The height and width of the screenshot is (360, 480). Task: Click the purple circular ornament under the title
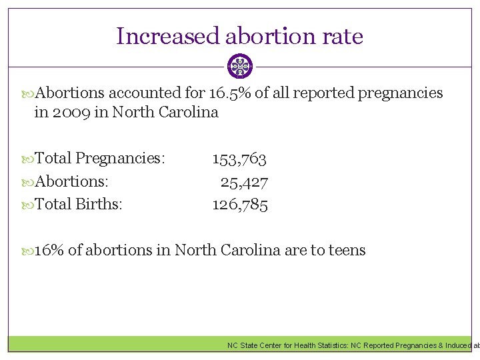(240, 67)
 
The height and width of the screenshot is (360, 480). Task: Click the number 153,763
(239, 159)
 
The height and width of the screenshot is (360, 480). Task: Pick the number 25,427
(244, 181)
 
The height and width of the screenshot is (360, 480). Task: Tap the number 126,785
(240, 204)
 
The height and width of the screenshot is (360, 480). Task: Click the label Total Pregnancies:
(99, 159)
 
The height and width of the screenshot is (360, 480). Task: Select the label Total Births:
(78, 204)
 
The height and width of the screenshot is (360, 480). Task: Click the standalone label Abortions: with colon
(71, 181)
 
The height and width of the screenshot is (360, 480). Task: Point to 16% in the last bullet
(49, 251)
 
